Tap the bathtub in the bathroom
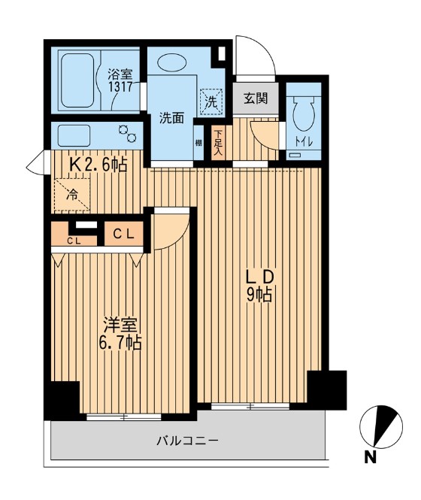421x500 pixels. [77, 79]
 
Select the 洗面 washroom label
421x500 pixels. [171, 118]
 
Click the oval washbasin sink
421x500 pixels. [175, 62]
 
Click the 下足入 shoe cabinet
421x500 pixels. [218, 141]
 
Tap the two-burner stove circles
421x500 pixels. [128, 134]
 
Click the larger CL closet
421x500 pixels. [123, 232]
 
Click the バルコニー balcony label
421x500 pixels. [187, 440]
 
